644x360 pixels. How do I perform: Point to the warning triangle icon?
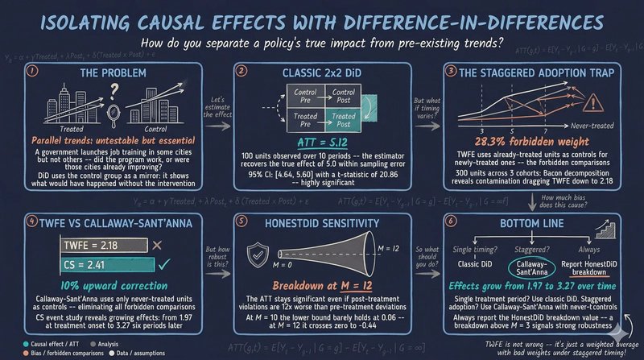point(596,101)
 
